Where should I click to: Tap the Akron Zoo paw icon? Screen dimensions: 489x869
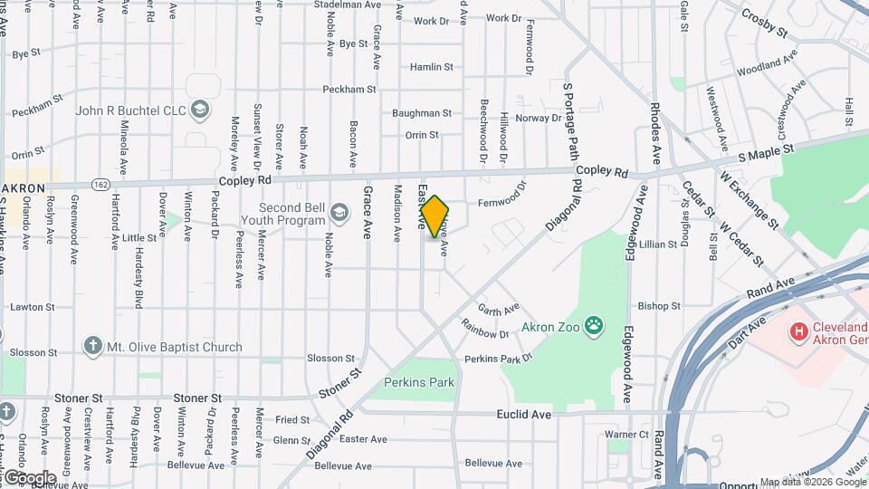pyautogui.click(x=594, y=325)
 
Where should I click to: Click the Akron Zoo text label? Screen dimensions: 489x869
pyautogui.click(x=550, y=326)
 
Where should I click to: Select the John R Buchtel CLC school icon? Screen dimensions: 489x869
pyautogui.click(x=200, y=110)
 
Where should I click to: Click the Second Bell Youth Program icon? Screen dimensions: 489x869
pyautogui.click(x=339, y=212)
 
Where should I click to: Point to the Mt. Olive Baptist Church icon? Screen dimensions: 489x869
pyautogui.click(x=91, y=346)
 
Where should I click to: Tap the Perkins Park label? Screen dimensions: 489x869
pyautogui.click(x=419, y=382)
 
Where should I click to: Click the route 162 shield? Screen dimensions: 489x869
pyautogui.click(x=100, y=184)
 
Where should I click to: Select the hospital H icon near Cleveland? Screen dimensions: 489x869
pyautogui.click(x=798, y=333)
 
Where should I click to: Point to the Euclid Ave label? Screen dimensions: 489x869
pyautogui.click(x=524, y=414)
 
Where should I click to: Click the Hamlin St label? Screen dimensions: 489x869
pyautogui.click(x=431, y=67)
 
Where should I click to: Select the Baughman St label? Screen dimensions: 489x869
pyautogui.click(x=422, y=113)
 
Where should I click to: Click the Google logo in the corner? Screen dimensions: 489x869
pyautogui.click(x=29, y=477)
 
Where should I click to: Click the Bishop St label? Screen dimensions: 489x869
pyautogui.click(x=658, y=306)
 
